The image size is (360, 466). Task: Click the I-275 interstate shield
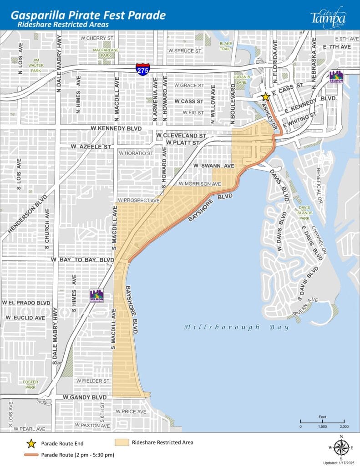pos(142,69)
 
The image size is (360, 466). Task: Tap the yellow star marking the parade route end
pos(265,96)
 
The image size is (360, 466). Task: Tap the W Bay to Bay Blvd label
pos(82,259)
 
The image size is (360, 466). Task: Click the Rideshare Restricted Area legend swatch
pos(121,442)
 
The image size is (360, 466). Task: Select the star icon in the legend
pos(31,443)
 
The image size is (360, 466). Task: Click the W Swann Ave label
pos(213,166)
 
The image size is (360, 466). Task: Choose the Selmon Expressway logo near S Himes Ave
pos(96,295)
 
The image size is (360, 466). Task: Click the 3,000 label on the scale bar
pos(344,426)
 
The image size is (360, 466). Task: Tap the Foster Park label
pos(30,385)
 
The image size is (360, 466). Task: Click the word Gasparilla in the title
pos(35,15)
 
